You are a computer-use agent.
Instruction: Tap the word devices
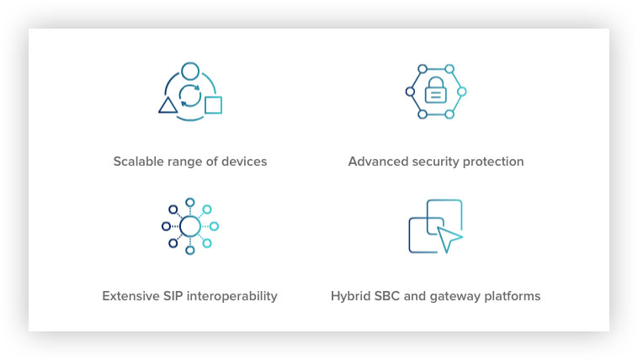(x=244, y=161)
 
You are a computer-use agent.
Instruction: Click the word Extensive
(x=130, y=296)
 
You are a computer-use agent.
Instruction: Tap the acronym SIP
(x=173, y=296)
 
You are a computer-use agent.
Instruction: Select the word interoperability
(x=232, y=297)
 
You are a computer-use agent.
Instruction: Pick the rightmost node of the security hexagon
(x=461, y=92)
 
